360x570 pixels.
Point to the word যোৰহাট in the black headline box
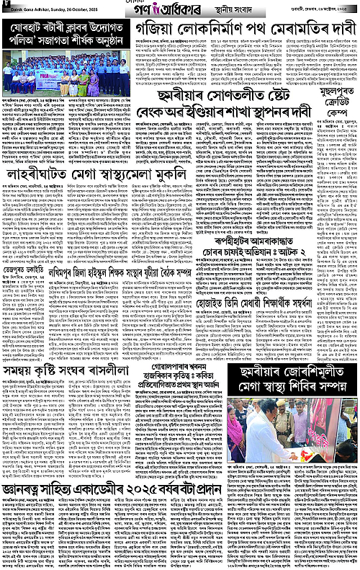(x=26, y=34)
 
